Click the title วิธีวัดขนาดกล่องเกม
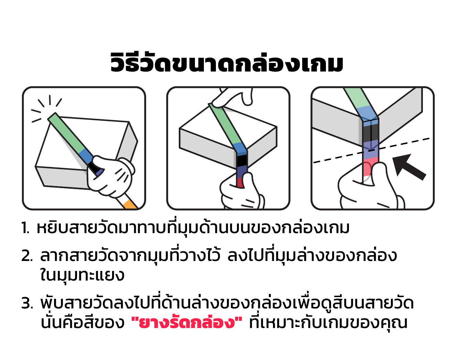(x=227, y=62)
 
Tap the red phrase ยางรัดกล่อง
(x=187, y=323)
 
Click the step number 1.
(x=25, y=228)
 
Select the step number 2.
(x=27, y=256)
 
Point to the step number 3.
(x=27, y=303)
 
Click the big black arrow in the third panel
(x=408, y=167)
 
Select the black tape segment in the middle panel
(x=242, y=161)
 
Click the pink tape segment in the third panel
(x=369, y=167)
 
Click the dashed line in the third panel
(x=371, y=150)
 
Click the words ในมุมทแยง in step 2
(x=83, y=275)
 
